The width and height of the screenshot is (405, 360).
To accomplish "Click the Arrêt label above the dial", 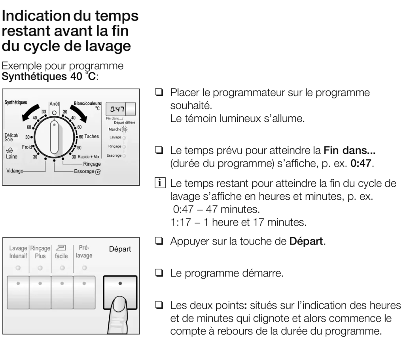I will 54,104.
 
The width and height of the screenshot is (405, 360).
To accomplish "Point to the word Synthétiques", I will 16,102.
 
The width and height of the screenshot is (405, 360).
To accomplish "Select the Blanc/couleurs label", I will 87,104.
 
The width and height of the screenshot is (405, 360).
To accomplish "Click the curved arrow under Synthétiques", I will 30,112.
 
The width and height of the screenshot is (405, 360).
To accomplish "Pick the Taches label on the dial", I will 91,136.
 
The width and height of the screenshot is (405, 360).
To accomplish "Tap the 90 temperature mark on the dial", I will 79,148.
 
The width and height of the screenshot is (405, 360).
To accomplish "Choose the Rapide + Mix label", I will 89,157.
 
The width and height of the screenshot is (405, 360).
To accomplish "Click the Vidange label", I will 15,171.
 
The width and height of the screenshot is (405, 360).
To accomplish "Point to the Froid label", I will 27,147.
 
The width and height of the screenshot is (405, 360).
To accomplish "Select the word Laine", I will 11,157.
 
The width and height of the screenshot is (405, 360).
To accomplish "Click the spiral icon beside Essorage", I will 98,172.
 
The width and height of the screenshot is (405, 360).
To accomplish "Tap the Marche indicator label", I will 115,129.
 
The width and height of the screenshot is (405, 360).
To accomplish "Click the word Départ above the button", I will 120,249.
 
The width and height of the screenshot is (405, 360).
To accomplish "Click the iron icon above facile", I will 61,248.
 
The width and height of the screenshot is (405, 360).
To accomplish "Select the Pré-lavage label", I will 84,252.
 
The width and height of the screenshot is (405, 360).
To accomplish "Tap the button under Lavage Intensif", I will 18,292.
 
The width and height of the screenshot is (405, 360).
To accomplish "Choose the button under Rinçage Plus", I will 40,292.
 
